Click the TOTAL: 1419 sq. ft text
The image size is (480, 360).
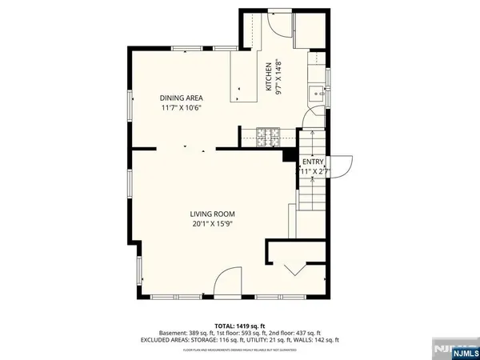click(239, 325)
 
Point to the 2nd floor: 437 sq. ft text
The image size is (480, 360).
click(292, 333)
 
